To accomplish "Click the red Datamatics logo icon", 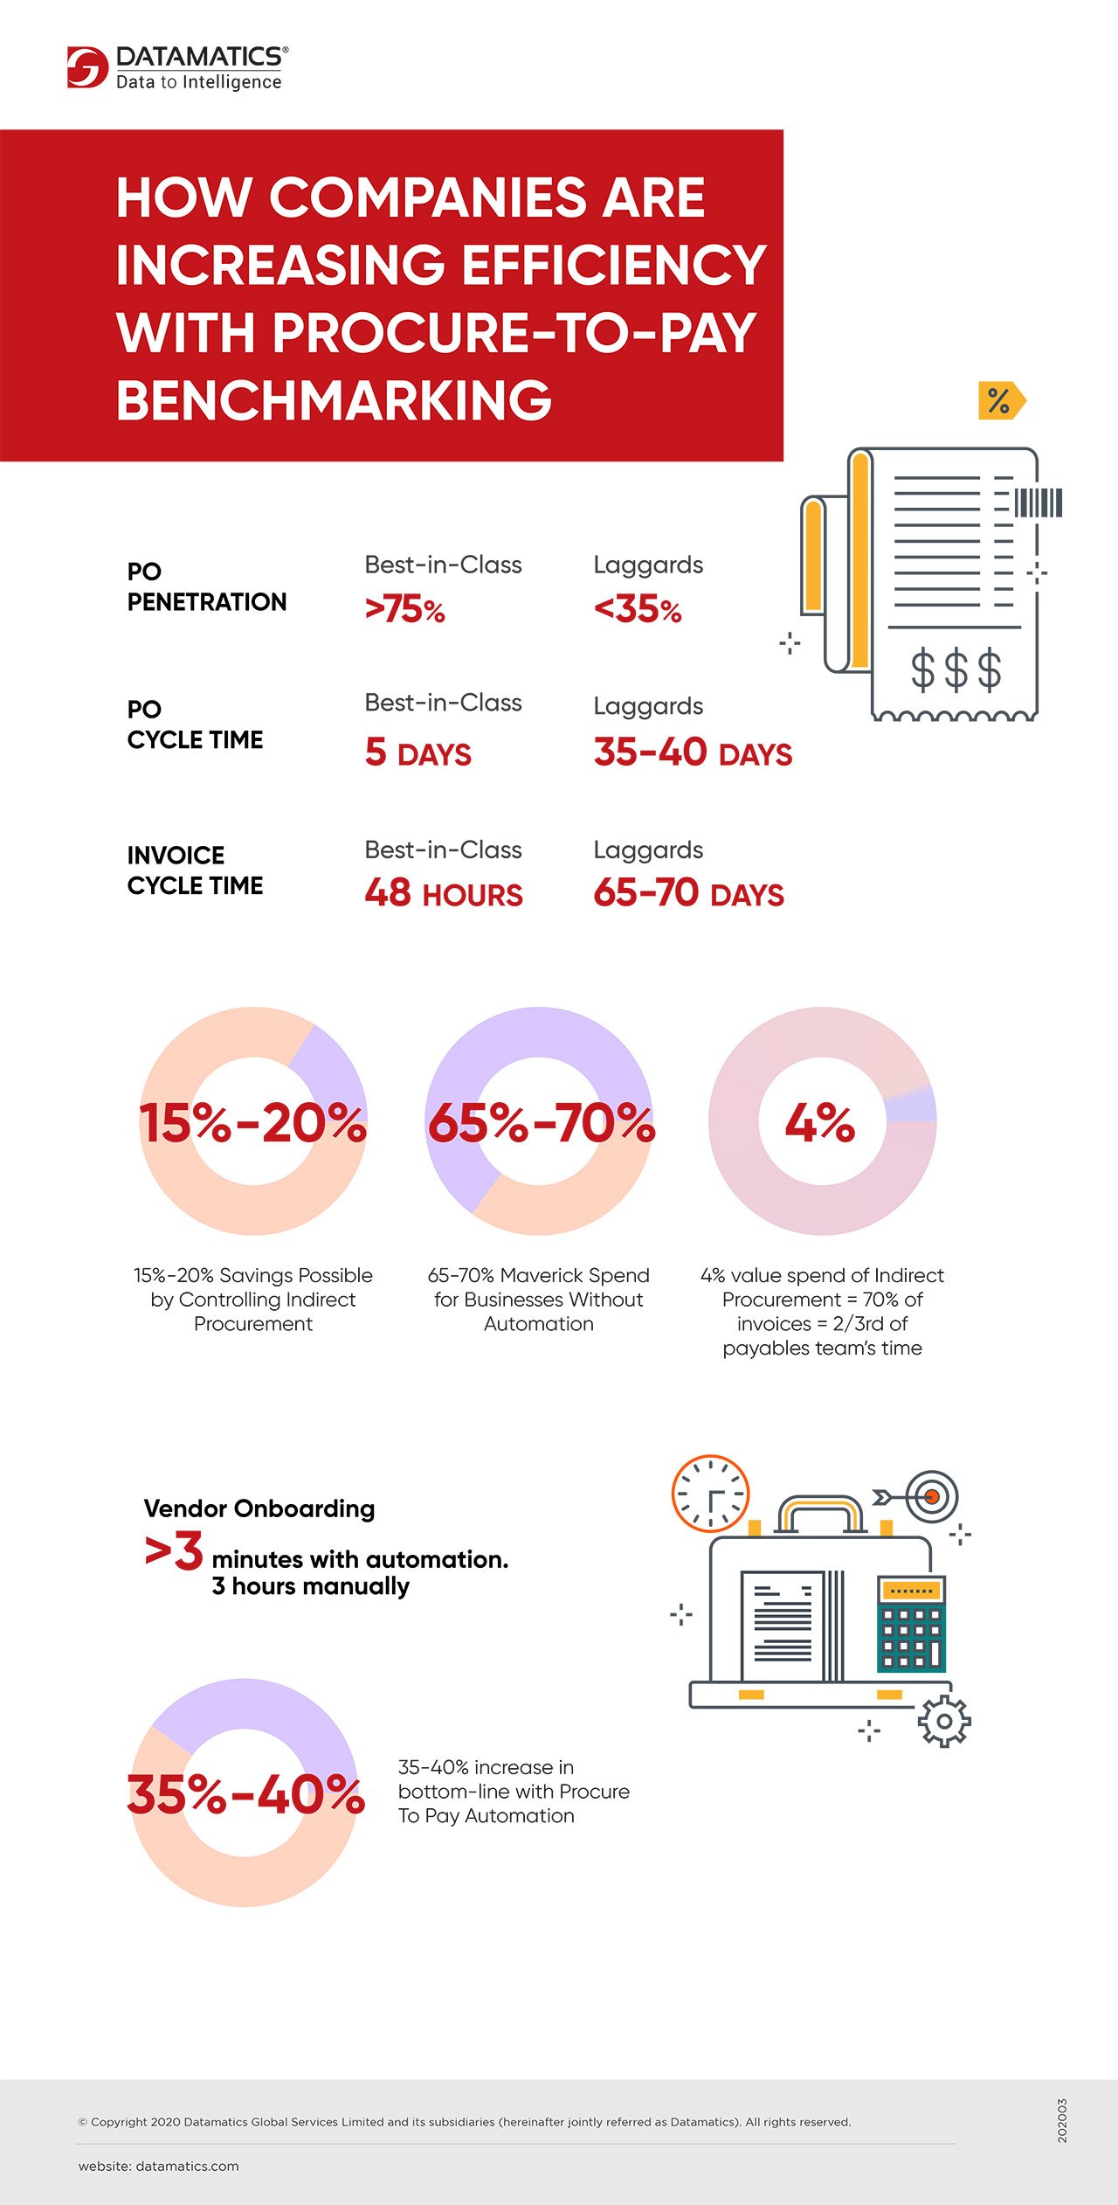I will point(87,67).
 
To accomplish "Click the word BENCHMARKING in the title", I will point(334,400).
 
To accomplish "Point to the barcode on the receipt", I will point(1038,503).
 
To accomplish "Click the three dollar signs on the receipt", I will point(956,670).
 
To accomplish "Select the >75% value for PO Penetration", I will point(404,609).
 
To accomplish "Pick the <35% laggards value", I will point(637,609).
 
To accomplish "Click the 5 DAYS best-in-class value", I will point(418,752).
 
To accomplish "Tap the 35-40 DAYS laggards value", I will point(693,752).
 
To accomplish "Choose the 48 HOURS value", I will point(443,893).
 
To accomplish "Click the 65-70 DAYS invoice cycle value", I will point(688,893).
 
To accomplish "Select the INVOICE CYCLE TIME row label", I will point(195,870).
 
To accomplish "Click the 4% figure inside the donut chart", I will point(819,1122).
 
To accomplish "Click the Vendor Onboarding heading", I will point(259,1508).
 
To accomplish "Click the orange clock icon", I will point(710,1494).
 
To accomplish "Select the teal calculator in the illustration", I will point(911,1625).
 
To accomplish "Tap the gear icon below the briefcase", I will point(943,1722).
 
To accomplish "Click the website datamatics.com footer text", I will point(158,2167).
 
